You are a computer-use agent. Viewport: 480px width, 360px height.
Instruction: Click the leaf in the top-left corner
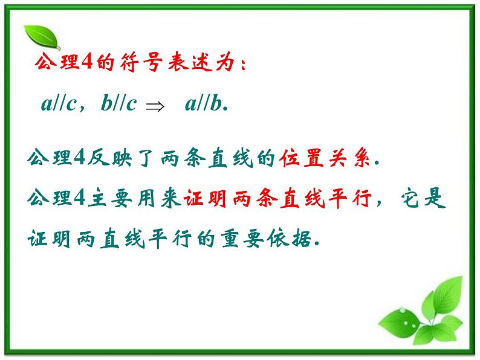pos(41,37)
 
